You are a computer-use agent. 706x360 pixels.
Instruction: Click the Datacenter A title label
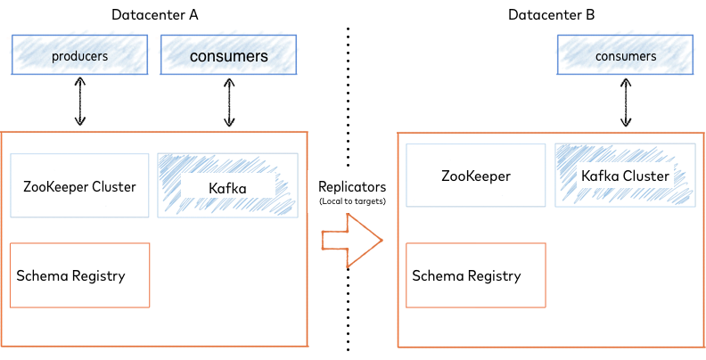(153, 14)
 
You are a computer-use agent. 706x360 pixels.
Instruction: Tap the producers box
(79, 56)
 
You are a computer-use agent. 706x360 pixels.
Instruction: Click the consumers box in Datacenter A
(228, 56)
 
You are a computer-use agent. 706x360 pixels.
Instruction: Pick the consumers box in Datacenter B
(625, 56)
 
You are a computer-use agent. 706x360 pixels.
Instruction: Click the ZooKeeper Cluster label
(79, 186)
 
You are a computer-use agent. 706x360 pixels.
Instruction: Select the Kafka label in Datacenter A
(226, 187)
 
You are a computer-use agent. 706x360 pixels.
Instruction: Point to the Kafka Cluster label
(625, 176)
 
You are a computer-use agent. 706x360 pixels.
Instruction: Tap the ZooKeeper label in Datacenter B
(475, 176)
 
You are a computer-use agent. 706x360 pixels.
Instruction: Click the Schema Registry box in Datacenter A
(78, 275)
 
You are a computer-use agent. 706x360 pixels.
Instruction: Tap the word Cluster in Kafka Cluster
(645, 176)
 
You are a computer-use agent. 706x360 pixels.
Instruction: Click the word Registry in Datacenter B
(496, 275)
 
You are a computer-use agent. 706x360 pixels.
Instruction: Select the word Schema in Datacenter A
(41, 275)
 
